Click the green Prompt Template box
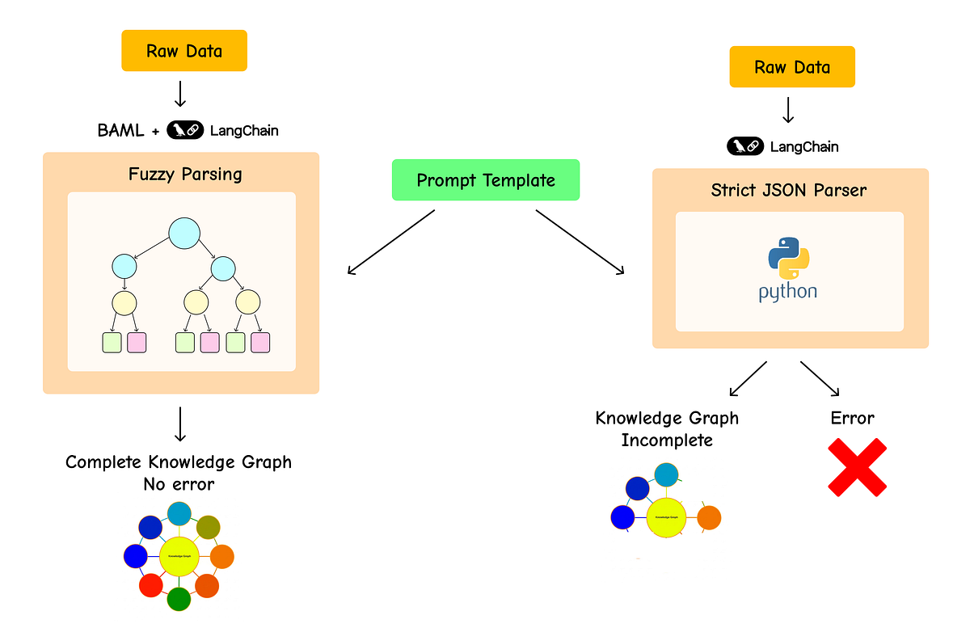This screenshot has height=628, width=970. click(486, 179)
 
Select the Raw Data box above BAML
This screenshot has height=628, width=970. click(184, 51)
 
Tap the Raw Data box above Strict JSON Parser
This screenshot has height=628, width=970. click(792, 67)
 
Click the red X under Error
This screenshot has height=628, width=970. click(857, 467)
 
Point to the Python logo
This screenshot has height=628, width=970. click(788, 270)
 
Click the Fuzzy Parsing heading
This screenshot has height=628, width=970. click(185, 174)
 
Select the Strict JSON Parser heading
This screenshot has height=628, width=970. click(789, 191)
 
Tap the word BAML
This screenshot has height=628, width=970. click(120, 130)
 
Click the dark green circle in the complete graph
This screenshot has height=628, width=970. click(179, 599)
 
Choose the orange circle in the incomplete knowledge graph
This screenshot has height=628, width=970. click(708, 517)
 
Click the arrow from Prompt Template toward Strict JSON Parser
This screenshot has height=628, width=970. click(580, 242)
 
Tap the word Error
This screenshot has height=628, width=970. click(852, 418)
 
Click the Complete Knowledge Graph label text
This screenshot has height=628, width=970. click(179, 462)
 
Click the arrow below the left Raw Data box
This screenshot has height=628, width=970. click(180, 94)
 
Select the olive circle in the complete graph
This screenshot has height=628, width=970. click(209, 527)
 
